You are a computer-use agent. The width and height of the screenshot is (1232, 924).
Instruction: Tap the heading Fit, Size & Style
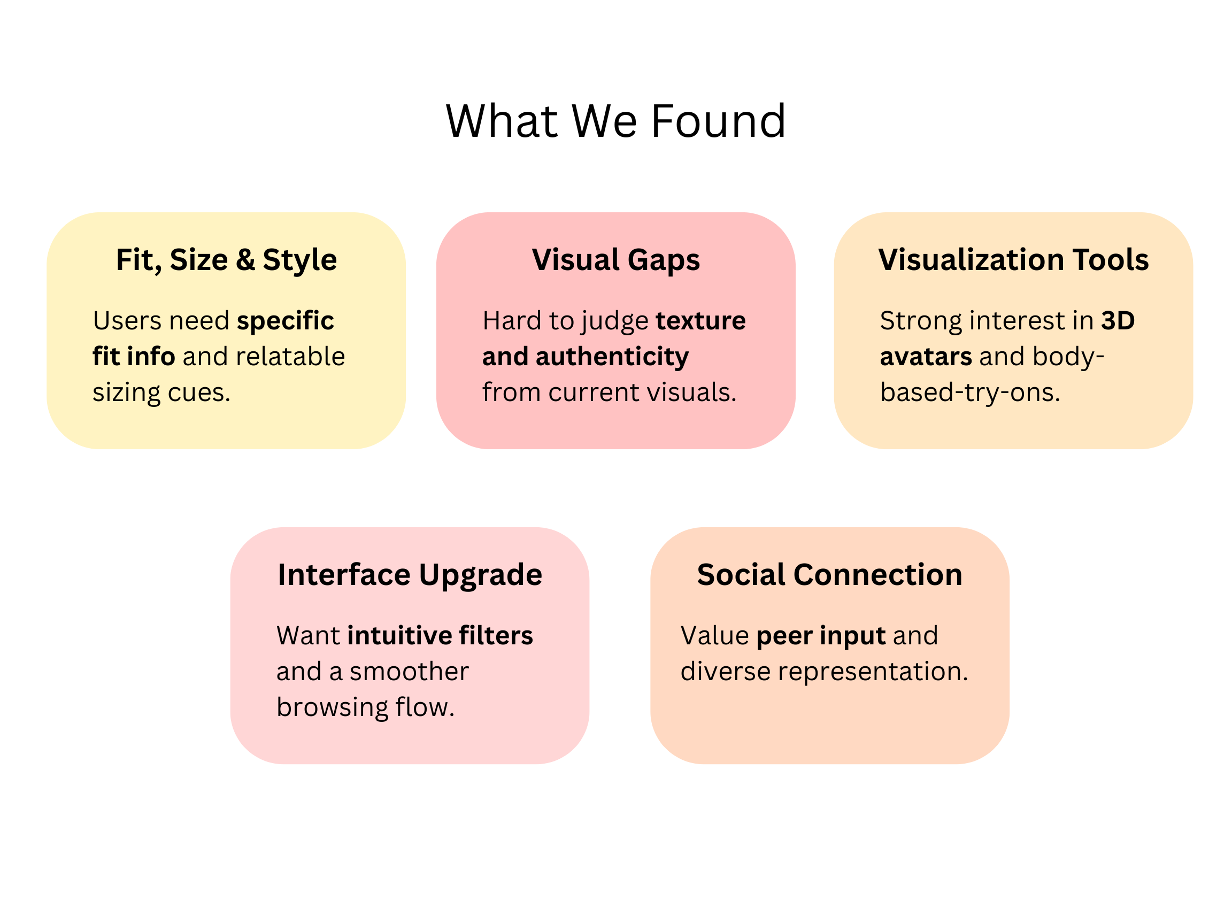226,260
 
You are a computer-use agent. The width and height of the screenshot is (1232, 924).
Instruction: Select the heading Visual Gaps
615,260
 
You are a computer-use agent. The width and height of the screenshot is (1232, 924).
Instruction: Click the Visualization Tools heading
1013,260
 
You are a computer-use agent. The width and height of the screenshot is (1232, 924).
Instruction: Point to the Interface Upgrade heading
410,575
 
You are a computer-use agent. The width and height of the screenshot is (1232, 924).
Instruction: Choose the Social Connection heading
829,575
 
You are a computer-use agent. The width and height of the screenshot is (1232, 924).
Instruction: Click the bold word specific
285,321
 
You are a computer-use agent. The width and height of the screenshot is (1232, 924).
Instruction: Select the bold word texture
700,321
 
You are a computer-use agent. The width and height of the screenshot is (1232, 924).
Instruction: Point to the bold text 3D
1118,321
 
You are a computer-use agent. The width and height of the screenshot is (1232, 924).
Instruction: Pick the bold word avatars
926,357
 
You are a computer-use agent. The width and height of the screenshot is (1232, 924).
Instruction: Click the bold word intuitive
399,635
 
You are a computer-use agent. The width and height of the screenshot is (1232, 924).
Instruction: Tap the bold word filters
496,635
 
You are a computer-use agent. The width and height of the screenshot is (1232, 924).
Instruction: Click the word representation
873,672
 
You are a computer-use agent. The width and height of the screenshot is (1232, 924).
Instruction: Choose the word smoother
409,672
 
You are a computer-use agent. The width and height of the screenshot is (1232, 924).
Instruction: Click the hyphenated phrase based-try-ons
969,392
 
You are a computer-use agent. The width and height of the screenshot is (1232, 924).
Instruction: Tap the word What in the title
501,121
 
